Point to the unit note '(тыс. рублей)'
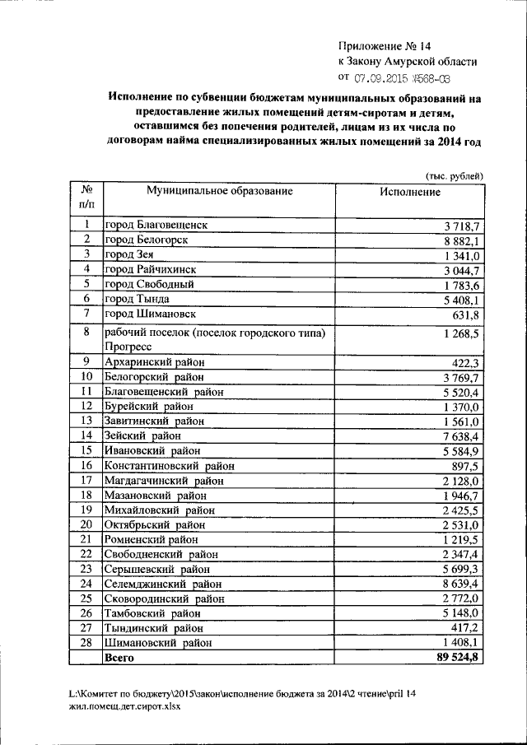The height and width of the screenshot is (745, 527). pyautogui.click(x=454, y=175)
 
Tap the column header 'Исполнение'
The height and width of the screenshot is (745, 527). pyautogui.click(x=410, y=192)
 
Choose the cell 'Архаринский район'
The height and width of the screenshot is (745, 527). pyautogui.click(x=153, y=361)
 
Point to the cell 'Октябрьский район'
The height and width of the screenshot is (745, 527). pyautogui.click(x=154, y=524)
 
